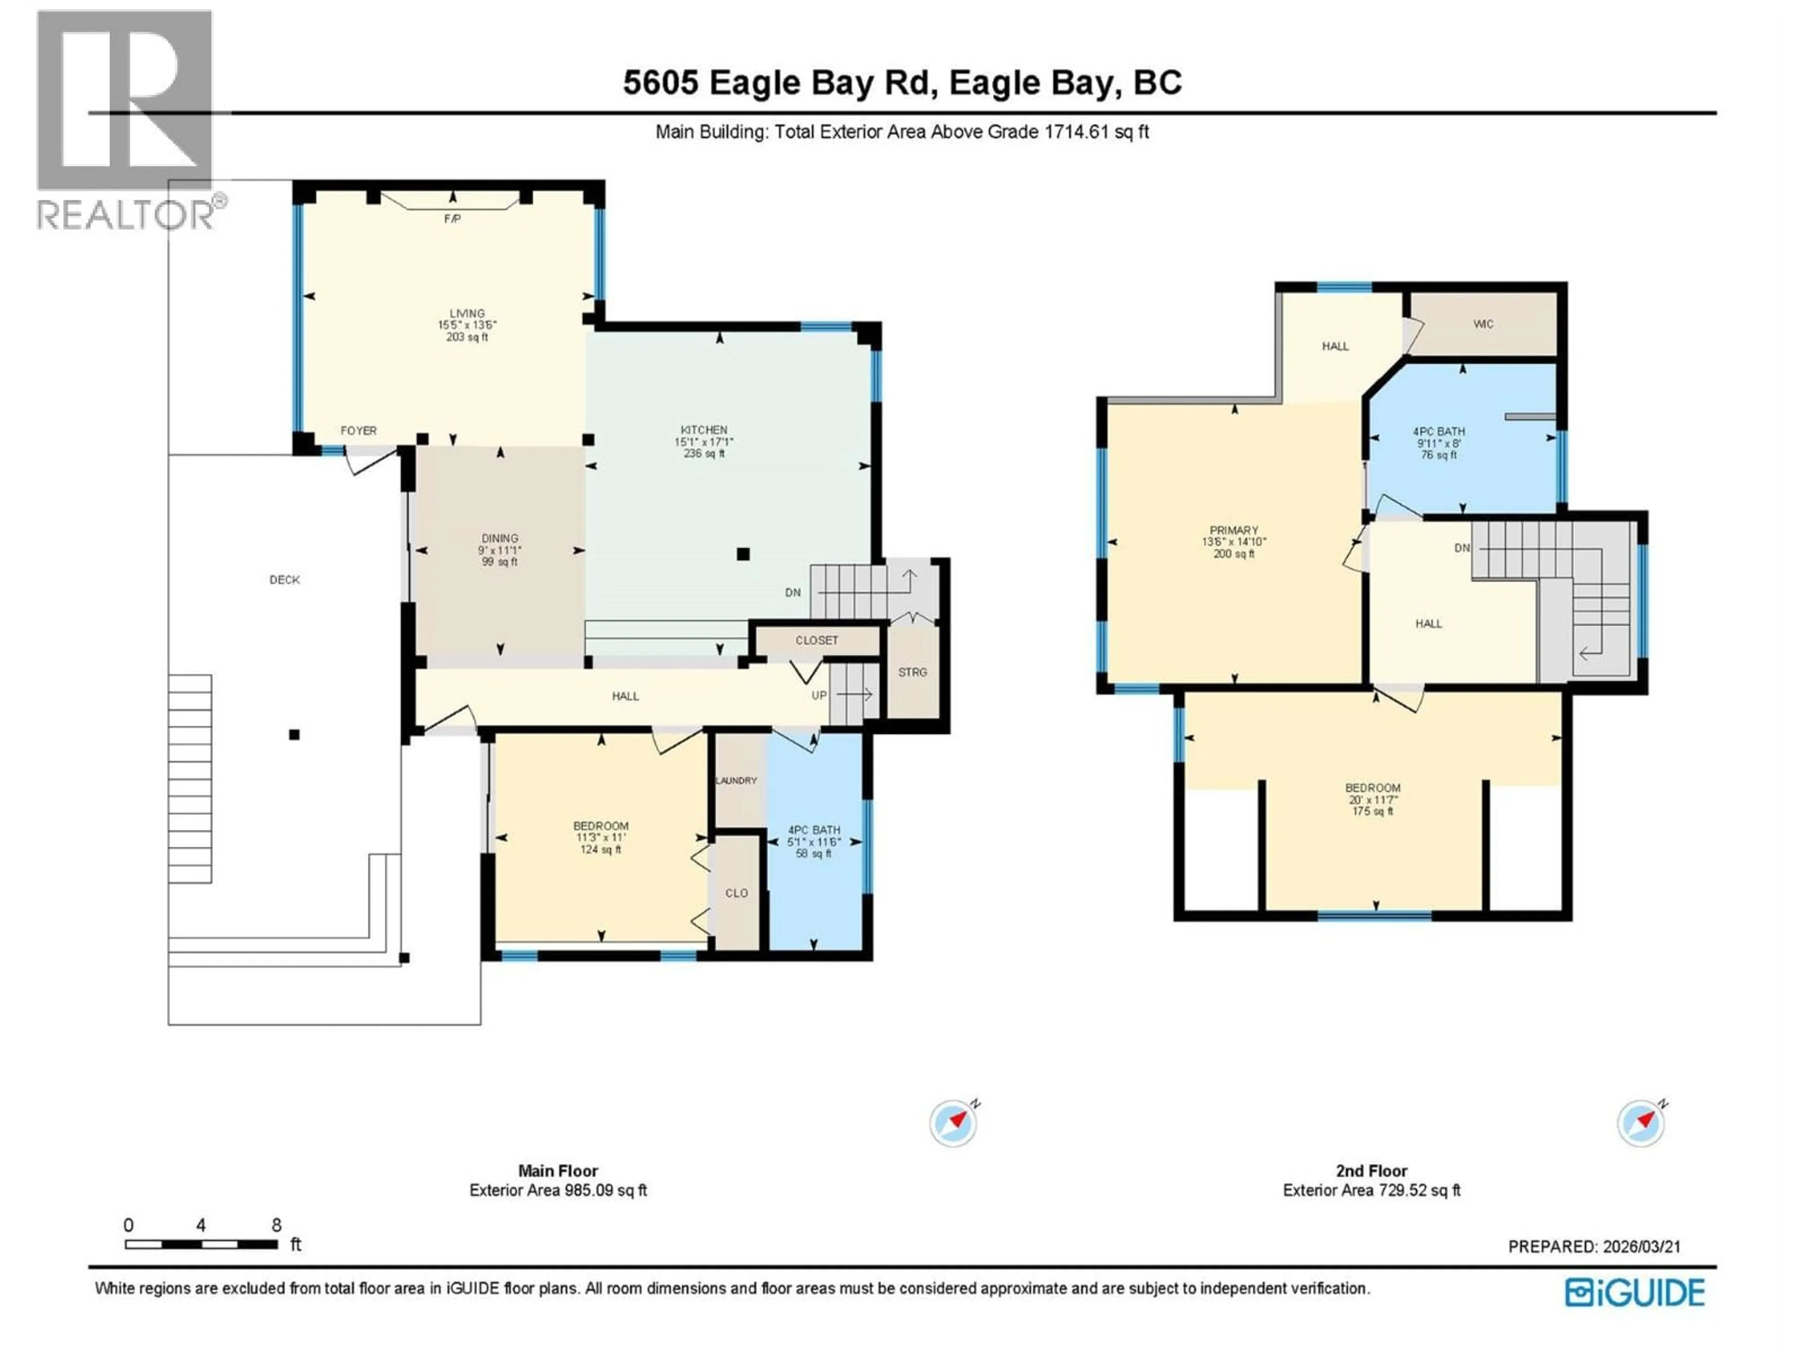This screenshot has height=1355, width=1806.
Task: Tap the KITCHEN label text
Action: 704,430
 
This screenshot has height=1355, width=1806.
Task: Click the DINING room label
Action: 499,538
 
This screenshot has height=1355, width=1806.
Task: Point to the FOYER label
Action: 358,430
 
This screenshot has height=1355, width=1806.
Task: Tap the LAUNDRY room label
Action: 737,781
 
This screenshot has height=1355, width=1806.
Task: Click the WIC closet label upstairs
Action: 1483,324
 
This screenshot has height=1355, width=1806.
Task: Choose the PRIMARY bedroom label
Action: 1234,530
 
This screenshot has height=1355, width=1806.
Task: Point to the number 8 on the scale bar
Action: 277,1225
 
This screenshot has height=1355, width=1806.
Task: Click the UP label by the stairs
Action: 819,696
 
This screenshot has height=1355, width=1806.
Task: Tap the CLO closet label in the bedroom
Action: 737,893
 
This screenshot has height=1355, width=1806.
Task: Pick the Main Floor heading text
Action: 558,1171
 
